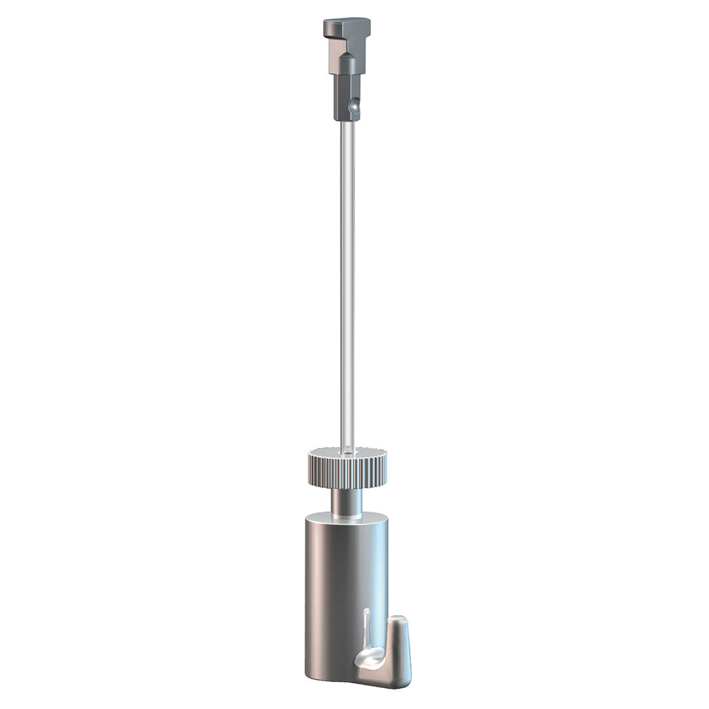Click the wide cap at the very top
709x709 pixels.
pos(347,27)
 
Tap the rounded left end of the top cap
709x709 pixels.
pos(326,28)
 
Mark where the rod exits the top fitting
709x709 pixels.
pos(347,123)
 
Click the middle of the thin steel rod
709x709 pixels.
pos(347,282)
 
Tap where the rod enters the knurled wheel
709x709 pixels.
pos(347,451)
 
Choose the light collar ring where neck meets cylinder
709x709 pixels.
pos(347,517)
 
